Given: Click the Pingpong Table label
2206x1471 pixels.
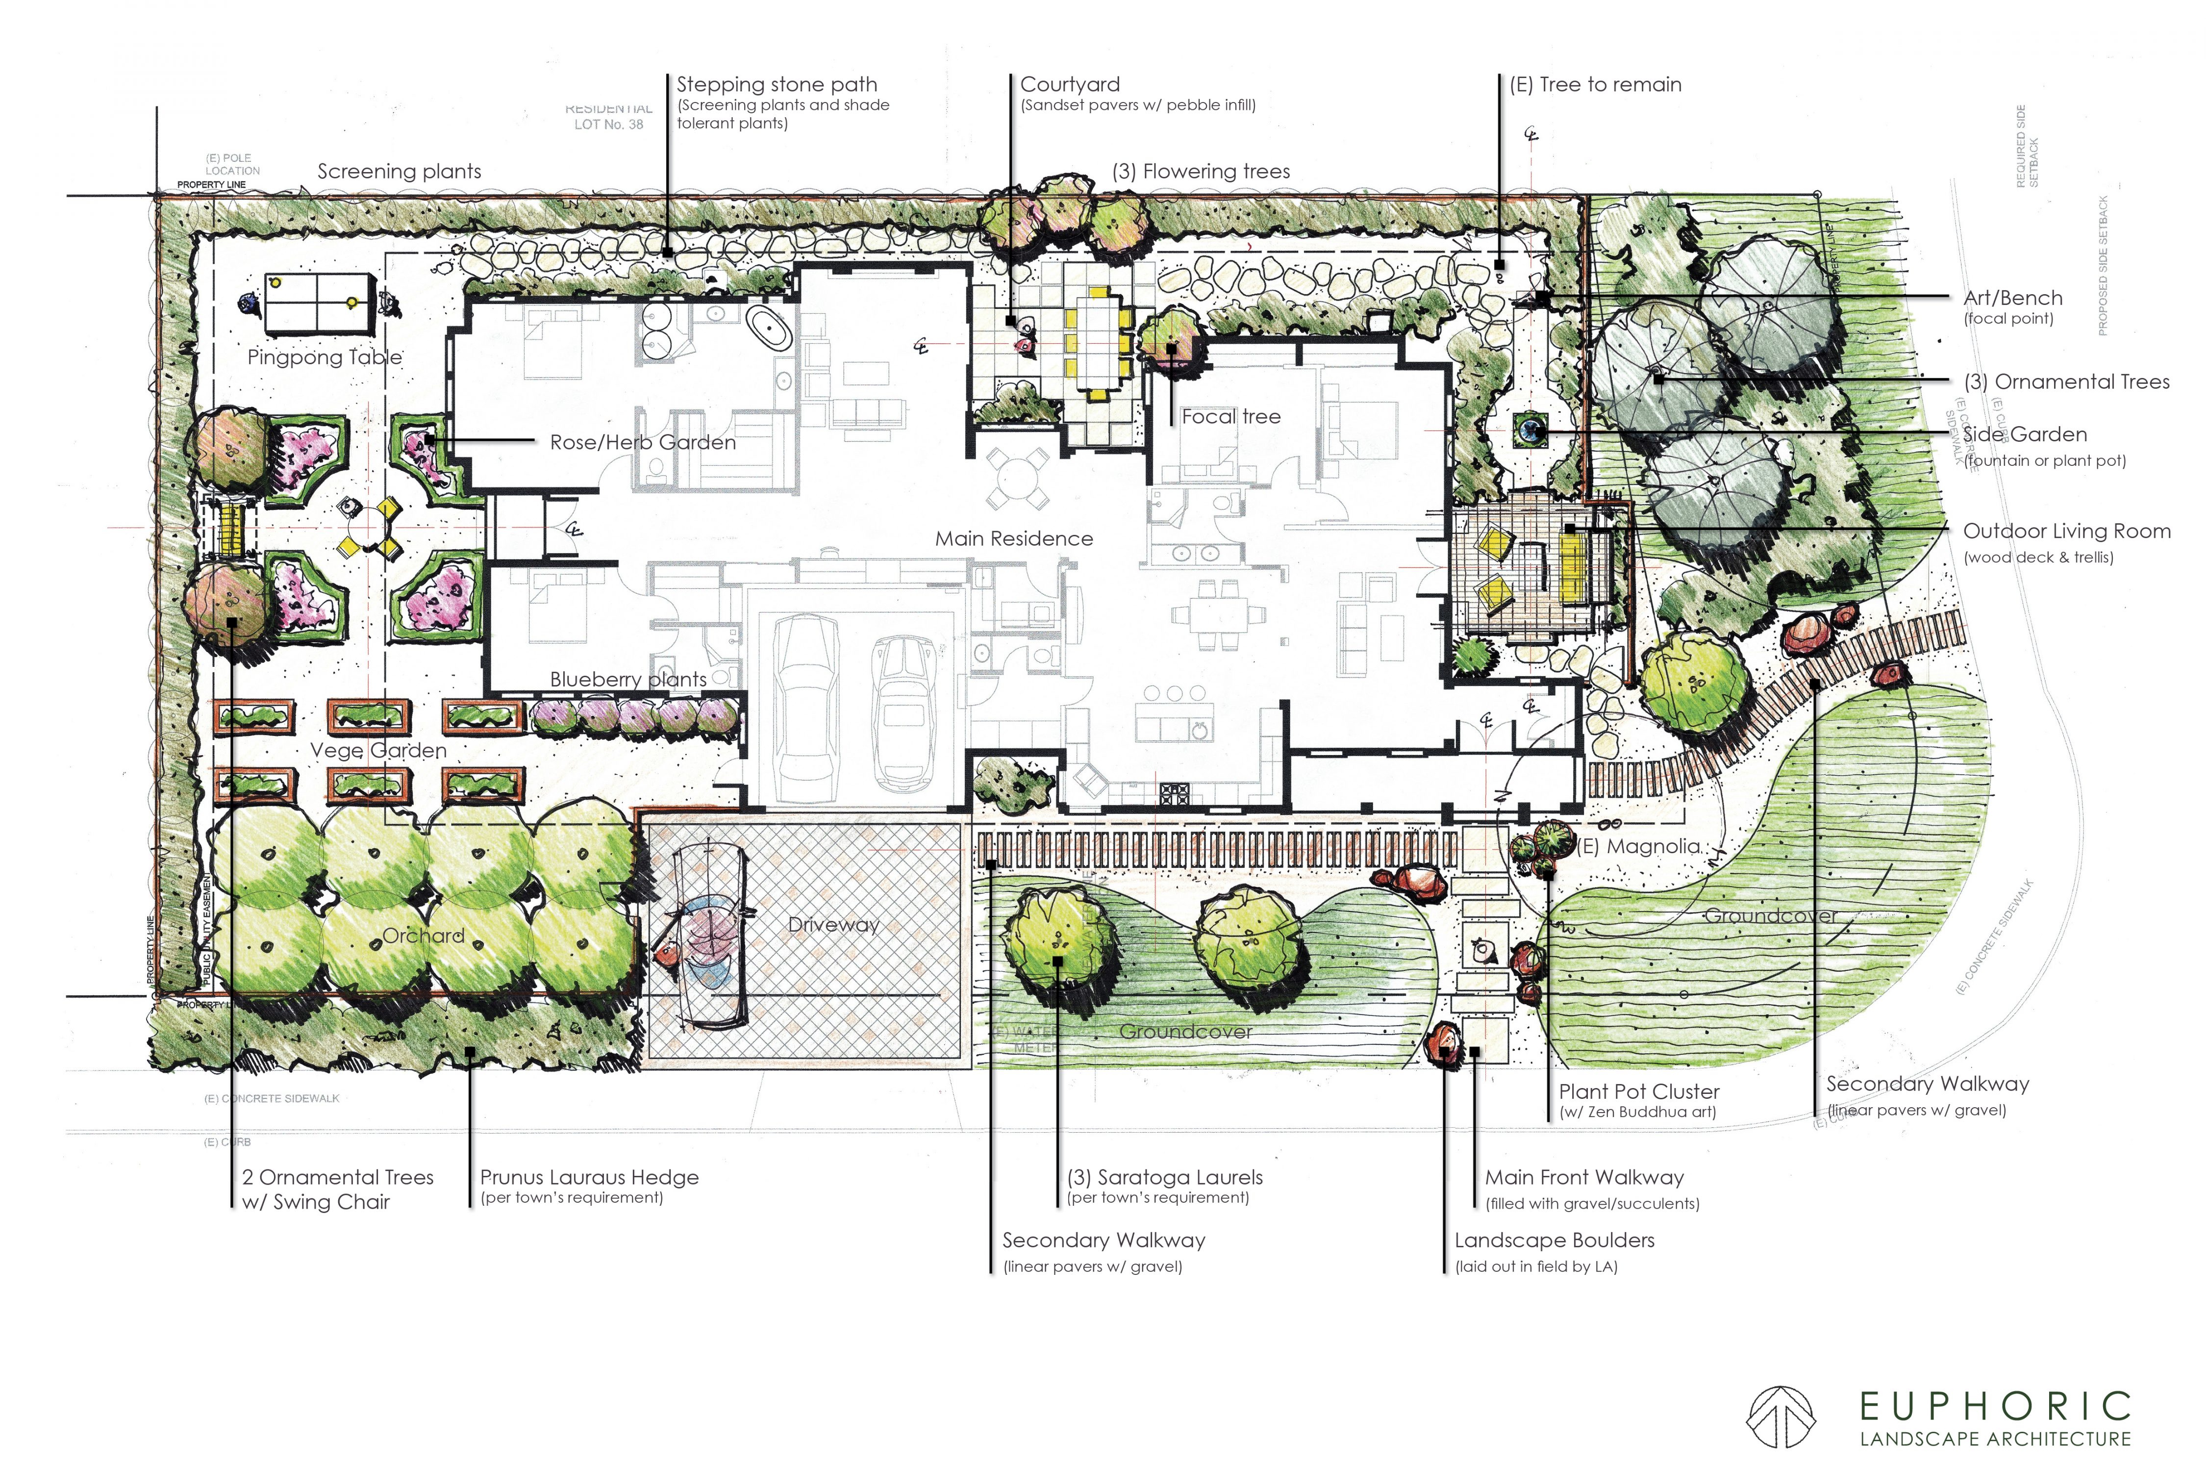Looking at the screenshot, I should (x=325, y=357).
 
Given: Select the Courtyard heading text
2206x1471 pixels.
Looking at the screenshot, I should (x=1069, y=84).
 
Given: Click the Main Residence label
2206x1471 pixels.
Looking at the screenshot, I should (x=1014, y=538).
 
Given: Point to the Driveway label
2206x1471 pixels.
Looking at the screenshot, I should (x=833, y=925).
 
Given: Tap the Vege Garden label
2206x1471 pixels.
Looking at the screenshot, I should (x=378, y=751).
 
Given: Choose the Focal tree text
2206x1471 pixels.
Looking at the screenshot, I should (x=1230, y=416).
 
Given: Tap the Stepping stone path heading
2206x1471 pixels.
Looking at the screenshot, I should (x=777, y=84).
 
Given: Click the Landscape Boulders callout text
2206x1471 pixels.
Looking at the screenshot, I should (x=1554, y=1240).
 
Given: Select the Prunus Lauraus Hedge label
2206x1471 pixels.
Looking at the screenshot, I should (x=589, y=1177).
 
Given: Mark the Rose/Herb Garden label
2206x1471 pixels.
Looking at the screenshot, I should (x=643, y=443).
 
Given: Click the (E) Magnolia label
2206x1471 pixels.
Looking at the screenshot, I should (x=1638, y=846).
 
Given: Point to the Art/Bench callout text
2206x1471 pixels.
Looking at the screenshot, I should (x=2013, y=298).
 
